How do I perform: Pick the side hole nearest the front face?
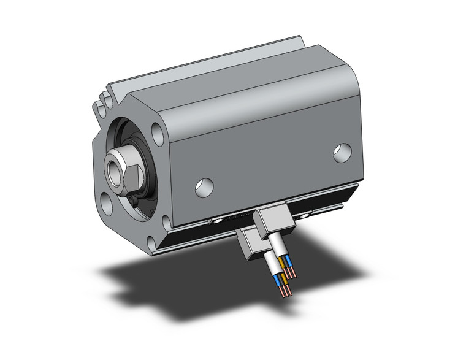[x=204, y=187]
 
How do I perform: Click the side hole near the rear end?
[x=342, y=152]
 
